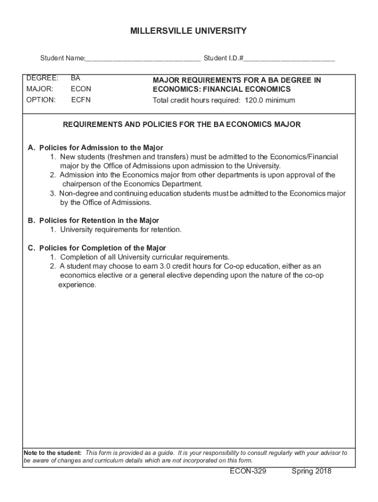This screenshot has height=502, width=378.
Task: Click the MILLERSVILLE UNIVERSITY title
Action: (189, 31)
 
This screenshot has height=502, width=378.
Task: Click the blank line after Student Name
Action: (143, 59)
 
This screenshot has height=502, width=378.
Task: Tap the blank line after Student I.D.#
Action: (289, 59)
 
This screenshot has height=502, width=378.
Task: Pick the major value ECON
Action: (81, 89)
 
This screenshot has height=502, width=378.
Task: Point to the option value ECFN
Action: (81, 100)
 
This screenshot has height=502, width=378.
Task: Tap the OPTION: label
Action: (41, 100)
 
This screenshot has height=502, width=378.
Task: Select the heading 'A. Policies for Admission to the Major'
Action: (95, 148)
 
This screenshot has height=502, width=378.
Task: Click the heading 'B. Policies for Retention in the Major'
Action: (93, 221)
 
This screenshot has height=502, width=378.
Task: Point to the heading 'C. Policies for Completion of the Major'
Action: (97, 248)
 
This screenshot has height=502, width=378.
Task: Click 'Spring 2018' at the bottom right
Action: (311, 472)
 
